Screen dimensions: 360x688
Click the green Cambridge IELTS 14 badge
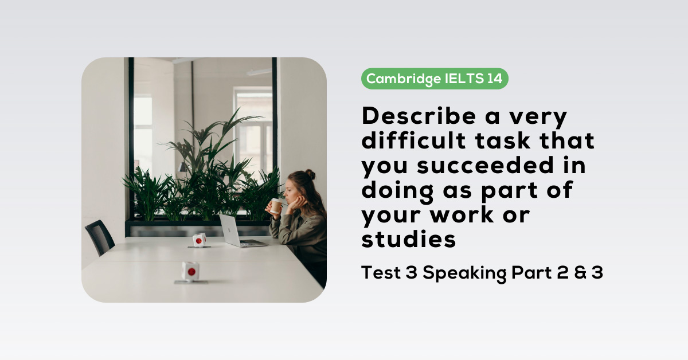(x=434, y=79)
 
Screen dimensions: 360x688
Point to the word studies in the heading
(x=408, y=239)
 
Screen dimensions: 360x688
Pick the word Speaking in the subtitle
(x=464, y=273)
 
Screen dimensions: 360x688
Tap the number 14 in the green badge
(x=494, y=79)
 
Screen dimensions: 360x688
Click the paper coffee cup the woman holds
(x=276, y=205)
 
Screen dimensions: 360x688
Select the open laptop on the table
(x=235, y=230)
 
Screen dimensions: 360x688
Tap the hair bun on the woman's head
(x=310, y=174)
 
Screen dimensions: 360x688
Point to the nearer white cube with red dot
(x=190, y=271)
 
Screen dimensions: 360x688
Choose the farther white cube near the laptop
(x=199, y=240)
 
